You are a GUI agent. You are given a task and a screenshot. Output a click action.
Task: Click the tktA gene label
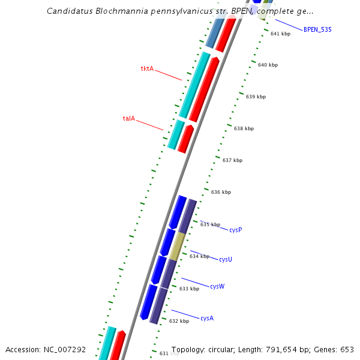[147, 69]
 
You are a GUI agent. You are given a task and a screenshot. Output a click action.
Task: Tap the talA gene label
[129, 119]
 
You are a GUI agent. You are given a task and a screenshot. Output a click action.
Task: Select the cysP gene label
[236, 230]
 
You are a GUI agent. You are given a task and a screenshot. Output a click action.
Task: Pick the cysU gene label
[226, 259]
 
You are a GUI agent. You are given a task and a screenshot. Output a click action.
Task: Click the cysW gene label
[217, 287]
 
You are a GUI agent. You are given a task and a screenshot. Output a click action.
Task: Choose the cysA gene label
[207, 318]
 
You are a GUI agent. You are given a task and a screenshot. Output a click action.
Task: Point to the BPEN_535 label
[317, 29]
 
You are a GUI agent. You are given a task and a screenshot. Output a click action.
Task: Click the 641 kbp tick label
[280, 34]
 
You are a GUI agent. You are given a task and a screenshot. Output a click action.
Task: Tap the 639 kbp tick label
[256, 97]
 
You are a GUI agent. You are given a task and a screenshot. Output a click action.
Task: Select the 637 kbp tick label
[232, 160]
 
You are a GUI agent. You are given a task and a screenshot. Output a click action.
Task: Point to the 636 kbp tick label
[221, 193]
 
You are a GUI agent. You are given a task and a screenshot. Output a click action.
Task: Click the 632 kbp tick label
[179, 322]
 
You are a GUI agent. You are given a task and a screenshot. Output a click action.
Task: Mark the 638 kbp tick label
[244, 129]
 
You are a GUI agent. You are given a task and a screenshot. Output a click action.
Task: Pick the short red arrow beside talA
[185, 139]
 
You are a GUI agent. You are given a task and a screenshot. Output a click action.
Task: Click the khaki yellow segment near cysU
[176, 247]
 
